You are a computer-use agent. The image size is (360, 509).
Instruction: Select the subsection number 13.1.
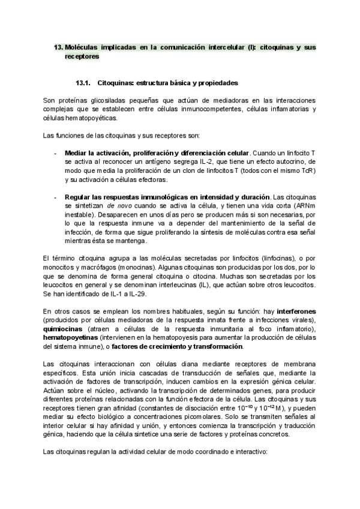point(83,82)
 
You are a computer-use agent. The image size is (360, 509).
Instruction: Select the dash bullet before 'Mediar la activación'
point(55,154)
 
